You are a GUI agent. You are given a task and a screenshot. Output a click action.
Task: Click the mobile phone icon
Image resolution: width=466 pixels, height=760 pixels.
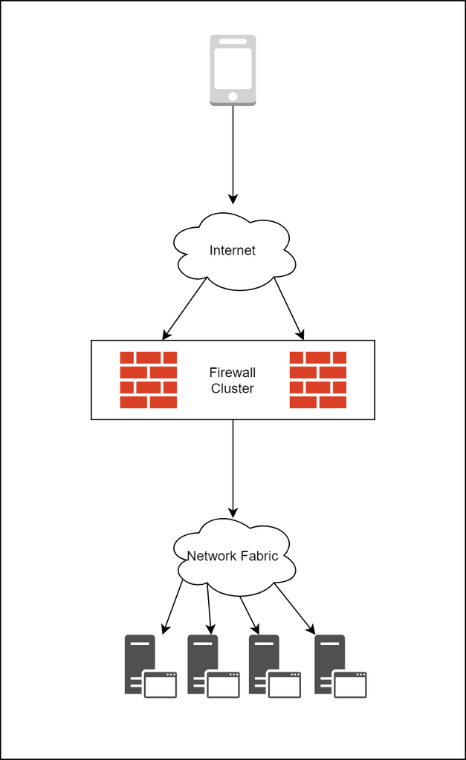[x=233, y=70]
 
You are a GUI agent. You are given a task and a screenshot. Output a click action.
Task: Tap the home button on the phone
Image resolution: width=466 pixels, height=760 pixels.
[x=233, y=96]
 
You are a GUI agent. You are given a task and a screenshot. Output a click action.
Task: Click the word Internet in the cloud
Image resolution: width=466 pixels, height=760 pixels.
[x=232, y=251]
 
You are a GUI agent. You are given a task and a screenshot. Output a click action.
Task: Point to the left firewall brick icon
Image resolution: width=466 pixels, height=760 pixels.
[x=149, y=380]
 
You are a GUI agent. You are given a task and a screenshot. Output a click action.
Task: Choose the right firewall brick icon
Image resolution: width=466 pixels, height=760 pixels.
[x=318, y=380]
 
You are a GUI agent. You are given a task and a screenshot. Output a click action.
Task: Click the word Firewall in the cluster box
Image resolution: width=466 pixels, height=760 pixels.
[x=233, y=373]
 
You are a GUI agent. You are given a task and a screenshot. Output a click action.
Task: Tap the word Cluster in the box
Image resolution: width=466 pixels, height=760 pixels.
[x=233, y=389]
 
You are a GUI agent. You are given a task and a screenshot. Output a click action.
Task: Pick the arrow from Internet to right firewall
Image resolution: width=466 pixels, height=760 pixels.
[x=289, y=308]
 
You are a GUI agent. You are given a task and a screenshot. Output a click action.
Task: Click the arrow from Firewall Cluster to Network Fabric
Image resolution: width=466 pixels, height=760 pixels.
[x=233, y=468]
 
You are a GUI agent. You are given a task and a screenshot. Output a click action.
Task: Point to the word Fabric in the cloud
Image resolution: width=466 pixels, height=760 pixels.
[x=259, y=556]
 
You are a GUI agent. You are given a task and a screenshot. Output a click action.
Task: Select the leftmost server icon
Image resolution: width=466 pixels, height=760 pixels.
[x=149, y=666]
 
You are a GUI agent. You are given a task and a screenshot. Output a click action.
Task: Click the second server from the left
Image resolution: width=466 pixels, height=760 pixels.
[x=213, y=666]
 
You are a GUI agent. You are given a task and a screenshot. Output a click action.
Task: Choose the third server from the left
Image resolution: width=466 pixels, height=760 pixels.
[x=274, y=666]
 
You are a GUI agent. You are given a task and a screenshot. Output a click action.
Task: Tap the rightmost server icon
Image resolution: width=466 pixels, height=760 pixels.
[x=340, y=666]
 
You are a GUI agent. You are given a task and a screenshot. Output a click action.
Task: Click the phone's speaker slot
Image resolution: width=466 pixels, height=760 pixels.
[x=233, y=41]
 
